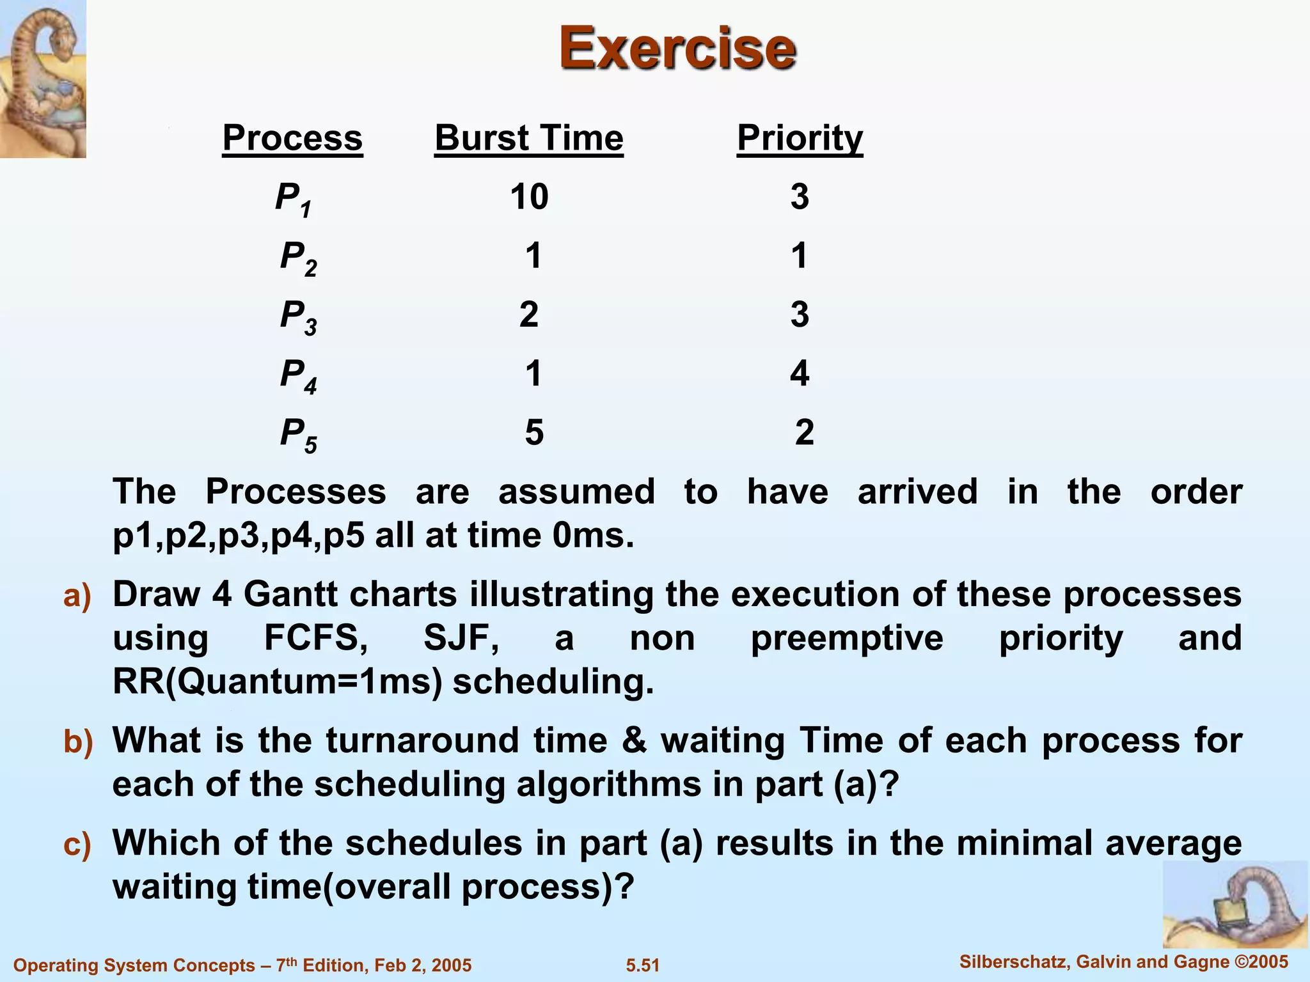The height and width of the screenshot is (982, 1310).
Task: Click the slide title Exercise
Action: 677,48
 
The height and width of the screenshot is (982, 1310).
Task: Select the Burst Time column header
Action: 529,137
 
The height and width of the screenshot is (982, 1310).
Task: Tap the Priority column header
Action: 800,137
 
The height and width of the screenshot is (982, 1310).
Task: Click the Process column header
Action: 292,137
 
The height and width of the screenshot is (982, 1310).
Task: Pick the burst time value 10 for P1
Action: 529,196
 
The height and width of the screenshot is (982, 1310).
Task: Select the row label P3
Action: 298,316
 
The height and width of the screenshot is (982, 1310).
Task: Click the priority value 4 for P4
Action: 800,373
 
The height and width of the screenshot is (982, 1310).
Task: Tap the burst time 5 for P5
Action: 534,432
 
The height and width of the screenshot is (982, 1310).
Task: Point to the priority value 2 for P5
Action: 804,432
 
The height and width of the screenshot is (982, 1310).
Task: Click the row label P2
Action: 298,258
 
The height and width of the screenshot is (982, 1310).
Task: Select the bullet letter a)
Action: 77,595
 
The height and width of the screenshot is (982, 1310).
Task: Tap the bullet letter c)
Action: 77,845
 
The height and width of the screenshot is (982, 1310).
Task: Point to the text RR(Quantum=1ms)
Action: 278,682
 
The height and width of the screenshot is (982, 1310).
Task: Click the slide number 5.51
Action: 642,965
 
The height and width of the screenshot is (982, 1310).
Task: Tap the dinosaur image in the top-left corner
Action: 43,79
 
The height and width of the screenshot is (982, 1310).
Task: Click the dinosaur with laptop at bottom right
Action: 1235,903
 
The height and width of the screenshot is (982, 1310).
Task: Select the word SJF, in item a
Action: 461,638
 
